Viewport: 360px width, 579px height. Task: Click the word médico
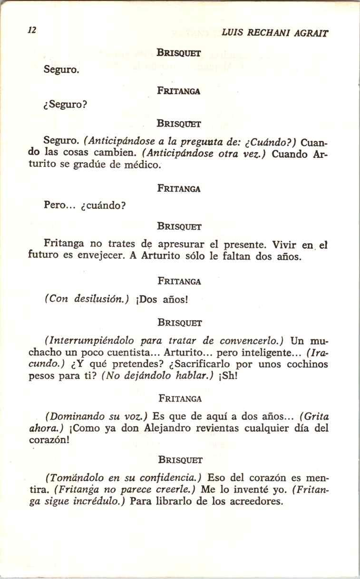143,165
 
